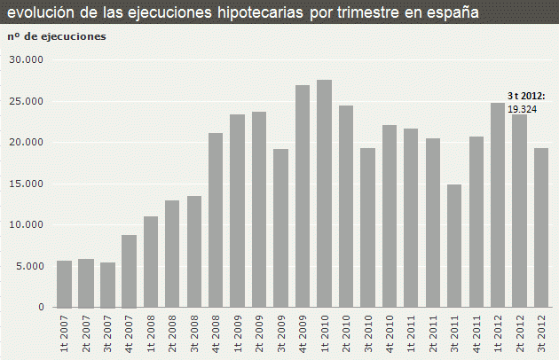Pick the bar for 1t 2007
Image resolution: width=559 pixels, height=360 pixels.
coord(64,284)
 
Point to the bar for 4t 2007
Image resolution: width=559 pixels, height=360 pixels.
coord(130,270)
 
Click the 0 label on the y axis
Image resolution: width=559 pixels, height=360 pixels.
coord(39,307)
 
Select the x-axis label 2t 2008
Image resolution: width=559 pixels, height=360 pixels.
coord(173,333)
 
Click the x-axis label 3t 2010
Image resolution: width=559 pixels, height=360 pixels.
coord(368,333)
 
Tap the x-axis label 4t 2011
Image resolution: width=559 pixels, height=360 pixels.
coord(476,333)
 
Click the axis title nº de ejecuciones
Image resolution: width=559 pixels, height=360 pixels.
coord(56,36)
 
